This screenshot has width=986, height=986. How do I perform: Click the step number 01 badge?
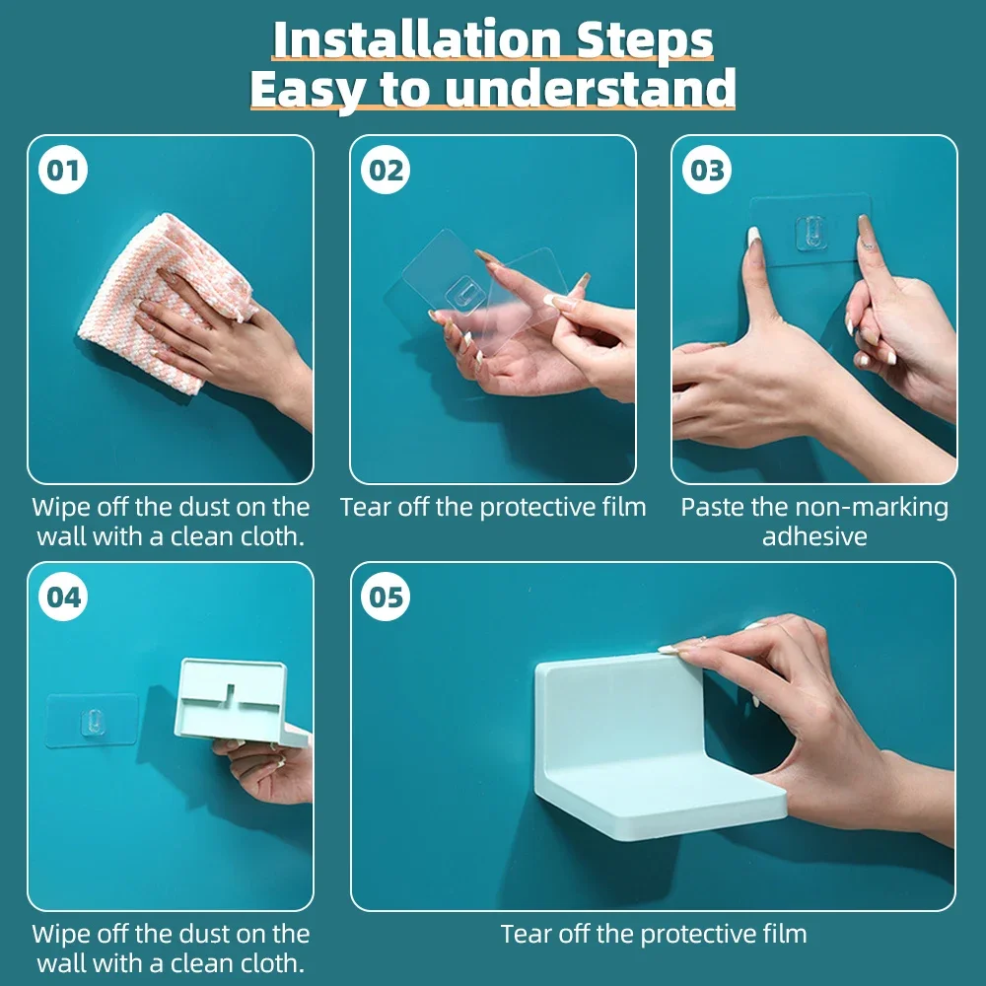[63, 170]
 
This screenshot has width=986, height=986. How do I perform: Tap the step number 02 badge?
[386, 170]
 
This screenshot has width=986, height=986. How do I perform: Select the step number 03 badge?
[707, 170]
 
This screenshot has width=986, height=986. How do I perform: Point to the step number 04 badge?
[63, 597]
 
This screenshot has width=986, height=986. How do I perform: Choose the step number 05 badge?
[386, 597]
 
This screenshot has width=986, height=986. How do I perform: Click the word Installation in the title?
[417, 39]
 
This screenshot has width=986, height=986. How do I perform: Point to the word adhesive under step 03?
[814, 536]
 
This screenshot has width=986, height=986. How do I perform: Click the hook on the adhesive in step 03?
[811, 232]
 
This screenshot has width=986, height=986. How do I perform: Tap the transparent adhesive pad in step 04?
[92, 721]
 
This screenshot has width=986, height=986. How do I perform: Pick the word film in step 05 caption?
[783, 934]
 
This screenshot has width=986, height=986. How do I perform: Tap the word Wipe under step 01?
[60, 508]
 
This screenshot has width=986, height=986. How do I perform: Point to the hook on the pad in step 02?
[462, 294]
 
